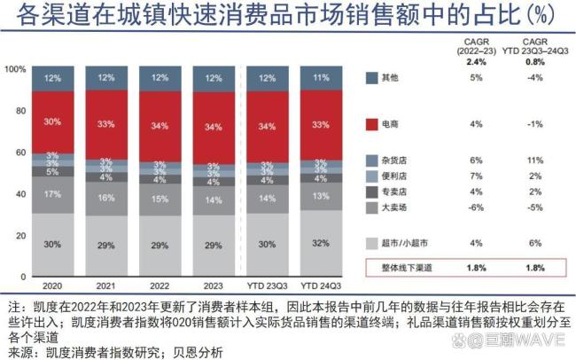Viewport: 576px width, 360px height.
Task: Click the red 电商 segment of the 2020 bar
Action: click(x=53, y=121)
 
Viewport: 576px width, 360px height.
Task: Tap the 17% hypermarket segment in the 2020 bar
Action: click(x=53, y=193)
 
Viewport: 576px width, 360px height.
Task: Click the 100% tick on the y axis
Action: click(x=19, y=68)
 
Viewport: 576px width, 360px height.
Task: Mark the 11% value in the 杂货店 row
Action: click(x=533, y=160)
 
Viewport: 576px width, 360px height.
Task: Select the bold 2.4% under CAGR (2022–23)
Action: click(x=477, y=61)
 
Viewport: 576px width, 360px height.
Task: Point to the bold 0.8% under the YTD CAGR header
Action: click(x=533, y=61)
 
